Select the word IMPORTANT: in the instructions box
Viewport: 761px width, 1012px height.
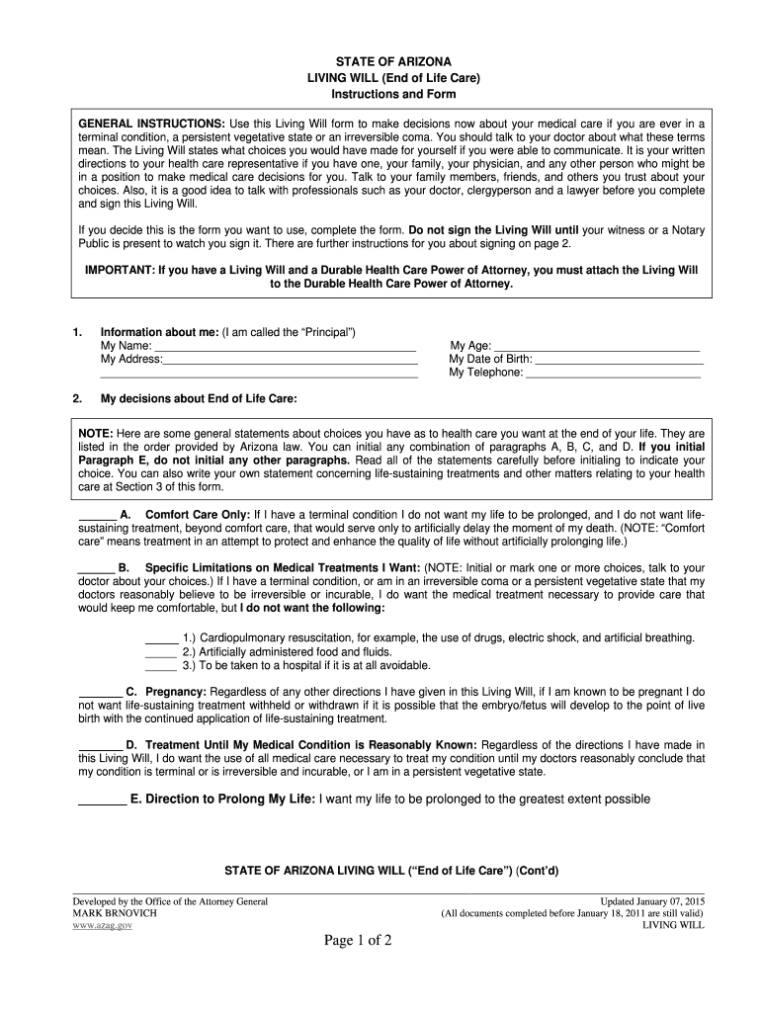[117, 269]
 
